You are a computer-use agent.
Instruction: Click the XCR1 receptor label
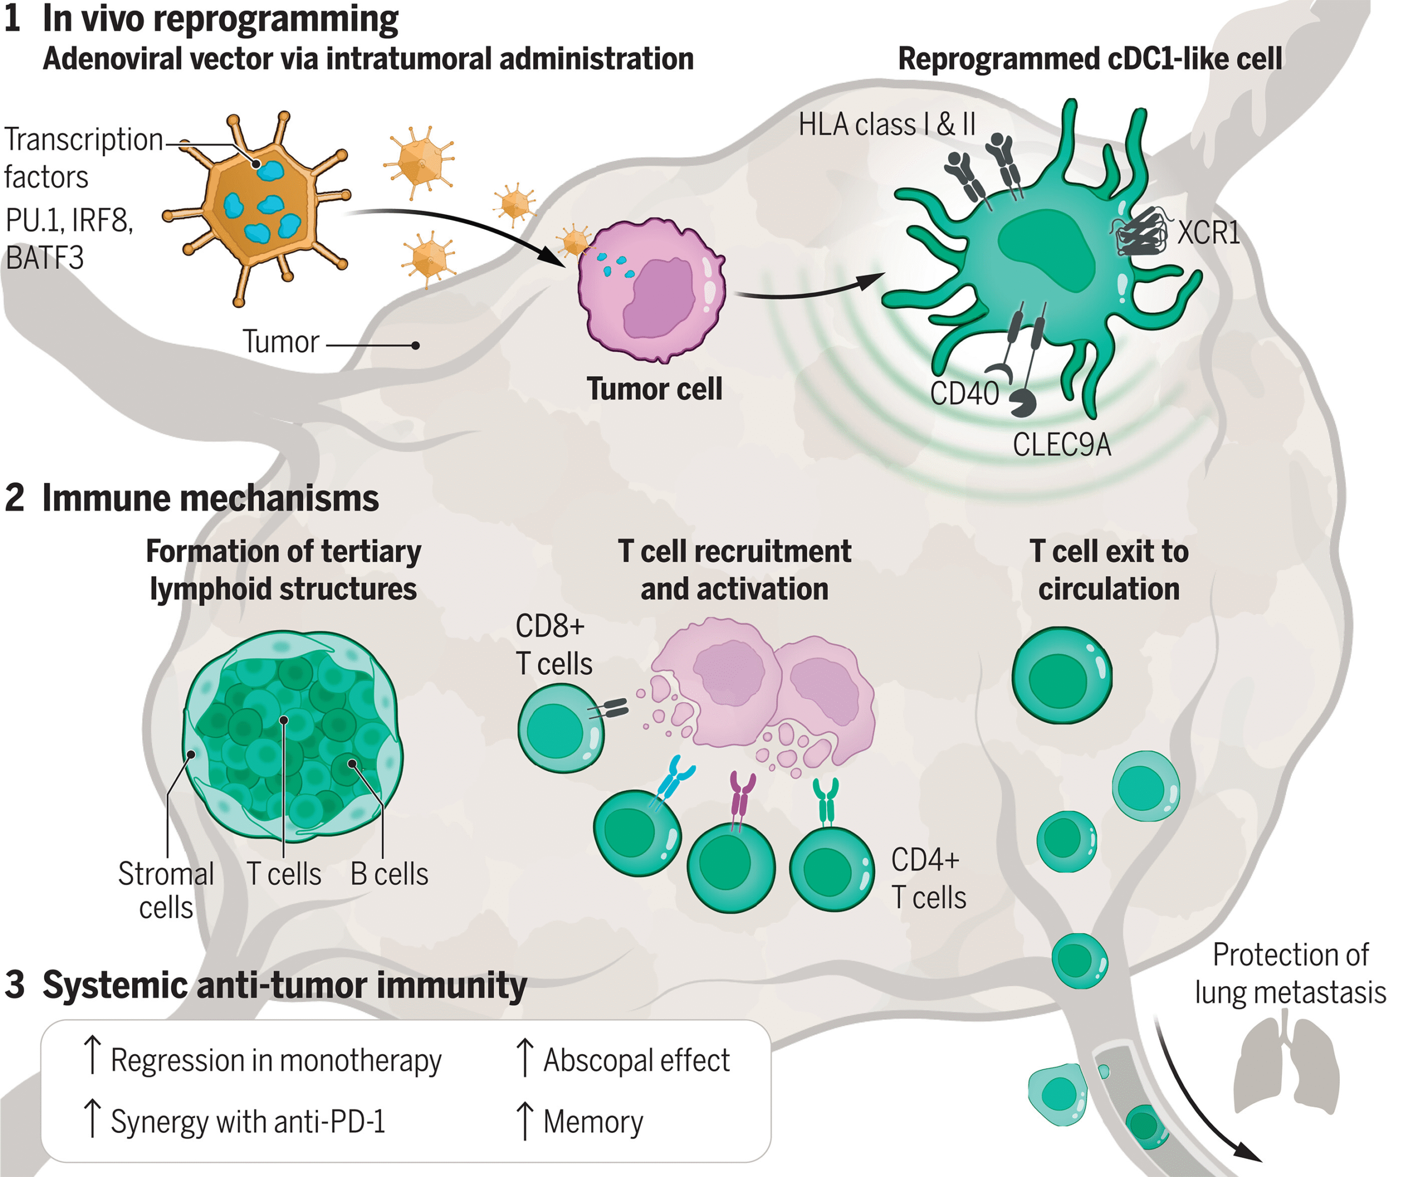tap(1208, 233)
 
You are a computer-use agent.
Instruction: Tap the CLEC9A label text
tap(1062, 445)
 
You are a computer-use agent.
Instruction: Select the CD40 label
tap(964, 393)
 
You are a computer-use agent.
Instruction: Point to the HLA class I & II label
tap(886, 125)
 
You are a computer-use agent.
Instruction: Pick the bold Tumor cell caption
tap(654, 389)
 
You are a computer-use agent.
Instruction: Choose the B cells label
tap(389, 874)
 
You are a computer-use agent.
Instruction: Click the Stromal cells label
tap(166, 890)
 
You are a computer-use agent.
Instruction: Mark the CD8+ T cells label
tap(553, 644)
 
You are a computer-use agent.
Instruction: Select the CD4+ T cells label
tap(928, 878)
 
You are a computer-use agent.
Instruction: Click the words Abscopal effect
tap(636, 1060)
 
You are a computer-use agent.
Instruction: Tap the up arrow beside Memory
tap(524, 1121)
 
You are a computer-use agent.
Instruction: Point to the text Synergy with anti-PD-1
tap(248, 1121)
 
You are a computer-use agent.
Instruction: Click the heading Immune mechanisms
tap(210, 498)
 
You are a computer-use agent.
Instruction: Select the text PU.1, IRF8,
tap(69, 220)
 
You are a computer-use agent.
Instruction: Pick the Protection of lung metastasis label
tap(1290, 973)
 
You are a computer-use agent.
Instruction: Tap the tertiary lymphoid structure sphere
tap(293, 736)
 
